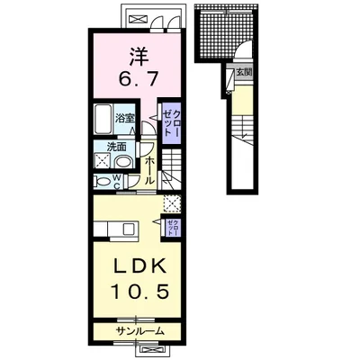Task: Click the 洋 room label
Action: click(x=139, y=58)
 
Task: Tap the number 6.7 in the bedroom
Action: click(x=138, y=79)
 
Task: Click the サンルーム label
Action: click(x=140, y=331)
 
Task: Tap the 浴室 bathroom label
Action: click(x=125, y=118)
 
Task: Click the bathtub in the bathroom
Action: click(x=103, y=120)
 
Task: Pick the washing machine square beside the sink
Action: click(x=103, y=161)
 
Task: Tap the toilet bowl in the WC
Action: click(x=103, y=182)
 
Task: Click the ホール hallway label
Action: click(x=149, y=170)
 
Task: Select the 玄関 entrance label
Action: click(x=244, y=72)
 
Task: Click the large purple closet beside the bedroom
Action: click(x=172, y=123)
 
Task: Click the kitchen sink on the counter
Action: click(x=130, y=229)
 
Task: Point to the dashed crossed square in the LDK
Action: click(x=172, y=203)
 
